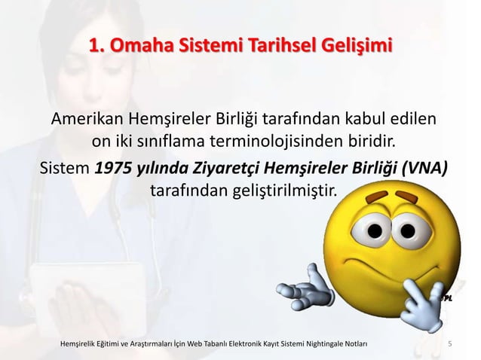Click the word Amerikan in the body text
[86, 120]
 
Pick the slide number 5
[450, 345]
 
